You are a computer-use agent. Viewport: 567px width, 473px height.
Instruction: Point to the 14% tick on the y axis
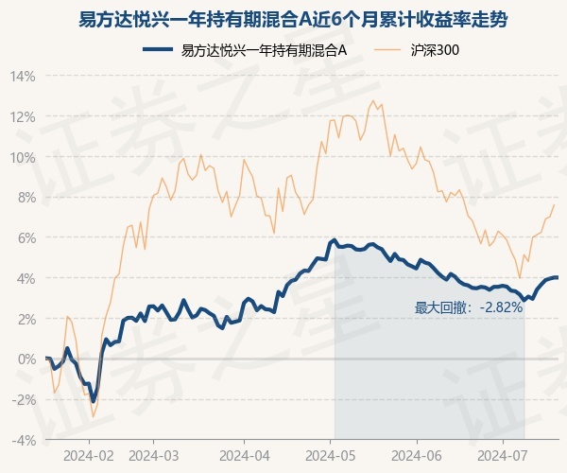24,76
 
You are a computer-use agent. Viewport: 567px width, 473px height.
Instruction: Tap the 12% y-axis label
24,116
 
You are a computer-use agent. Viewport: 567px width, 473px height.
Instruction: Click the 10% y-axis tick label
24,157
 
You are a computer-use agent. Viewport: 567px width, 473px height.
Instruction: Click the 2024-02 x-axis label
89,454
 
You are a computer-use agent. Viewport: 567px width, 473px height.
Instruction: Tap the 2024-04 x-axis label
244,454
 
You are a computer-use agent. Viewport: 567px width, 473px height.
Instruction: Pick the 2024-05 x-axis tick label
332,454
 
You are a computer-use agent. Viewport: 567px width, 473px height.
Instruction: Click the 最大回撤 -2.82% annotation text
469,307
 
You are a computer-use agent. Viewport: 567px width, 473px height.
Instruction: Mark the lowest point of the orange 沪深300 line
93,417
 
